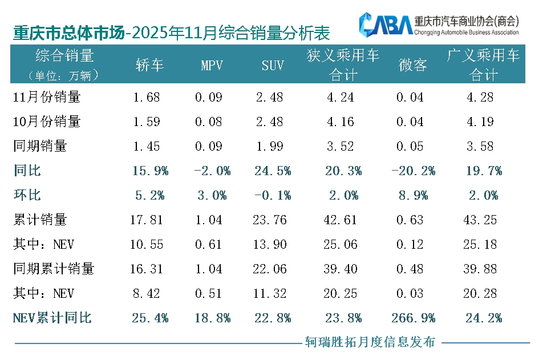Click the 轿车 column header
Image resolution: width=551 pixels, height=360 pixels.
[x=149, y=65]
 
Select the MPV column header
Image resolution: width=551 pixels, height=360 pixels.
[x=211, y=65]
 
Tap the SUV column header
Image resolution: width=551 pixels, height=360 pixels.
[x=273, y=65]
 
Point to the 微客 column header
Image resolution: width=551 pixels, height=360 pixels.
[x=412, y=65]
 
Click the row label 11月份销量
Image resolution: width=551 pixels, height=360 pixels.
[x=47, y=97]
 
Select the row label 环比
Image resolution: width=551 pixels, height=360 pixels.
[x=27, y=195]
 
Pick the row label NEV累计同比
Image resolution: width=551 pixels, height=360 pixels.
[x=52, y=318]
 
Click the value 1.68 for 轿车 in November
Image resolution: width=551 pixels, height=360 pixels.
[x=147, y=97]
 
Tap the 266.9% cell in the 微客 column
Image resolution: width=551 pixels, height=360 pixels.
[x=412, y=318]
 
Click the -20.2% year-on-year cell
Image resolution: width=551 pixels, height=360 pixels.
[x=412, y=171]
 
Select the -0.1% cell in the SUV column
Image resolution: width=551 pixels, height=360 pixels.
[x=272, y=195]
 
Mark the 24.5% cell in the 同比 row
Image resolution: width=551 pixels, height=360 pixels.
[x=272, y=171]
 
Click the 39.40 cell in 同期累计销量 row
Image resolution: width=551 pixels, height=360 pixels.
[x=341, y=269]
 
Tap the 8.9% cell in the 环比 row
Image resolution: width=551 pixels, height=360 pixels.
[x=412, y=195]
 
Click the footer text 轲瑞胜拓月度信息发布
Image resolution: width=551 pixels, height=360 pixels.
[x=370, y=342]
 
